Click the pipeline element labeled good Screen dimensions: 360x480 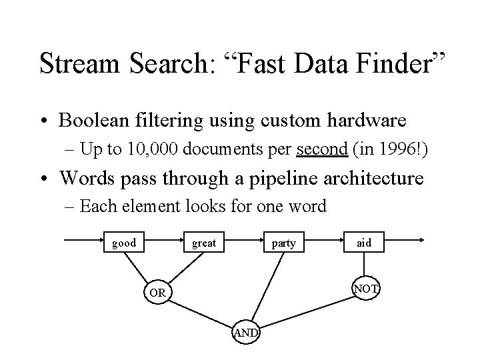click(x=124, y=243)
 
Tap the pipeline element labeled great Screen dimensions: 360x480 click(x=204, y=243)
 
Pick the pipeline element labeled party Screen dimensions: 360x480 click(x=284, y=243)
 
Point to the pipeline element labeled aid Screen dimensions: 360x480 click(x=364, y=243)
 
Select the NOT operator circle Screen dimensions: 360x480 click(x=366, y=288)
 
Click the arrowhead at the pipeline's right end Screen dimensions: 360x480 click(x=423, y=243)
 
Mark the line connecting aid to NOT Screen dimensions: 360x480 click(x=365, y=265)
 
